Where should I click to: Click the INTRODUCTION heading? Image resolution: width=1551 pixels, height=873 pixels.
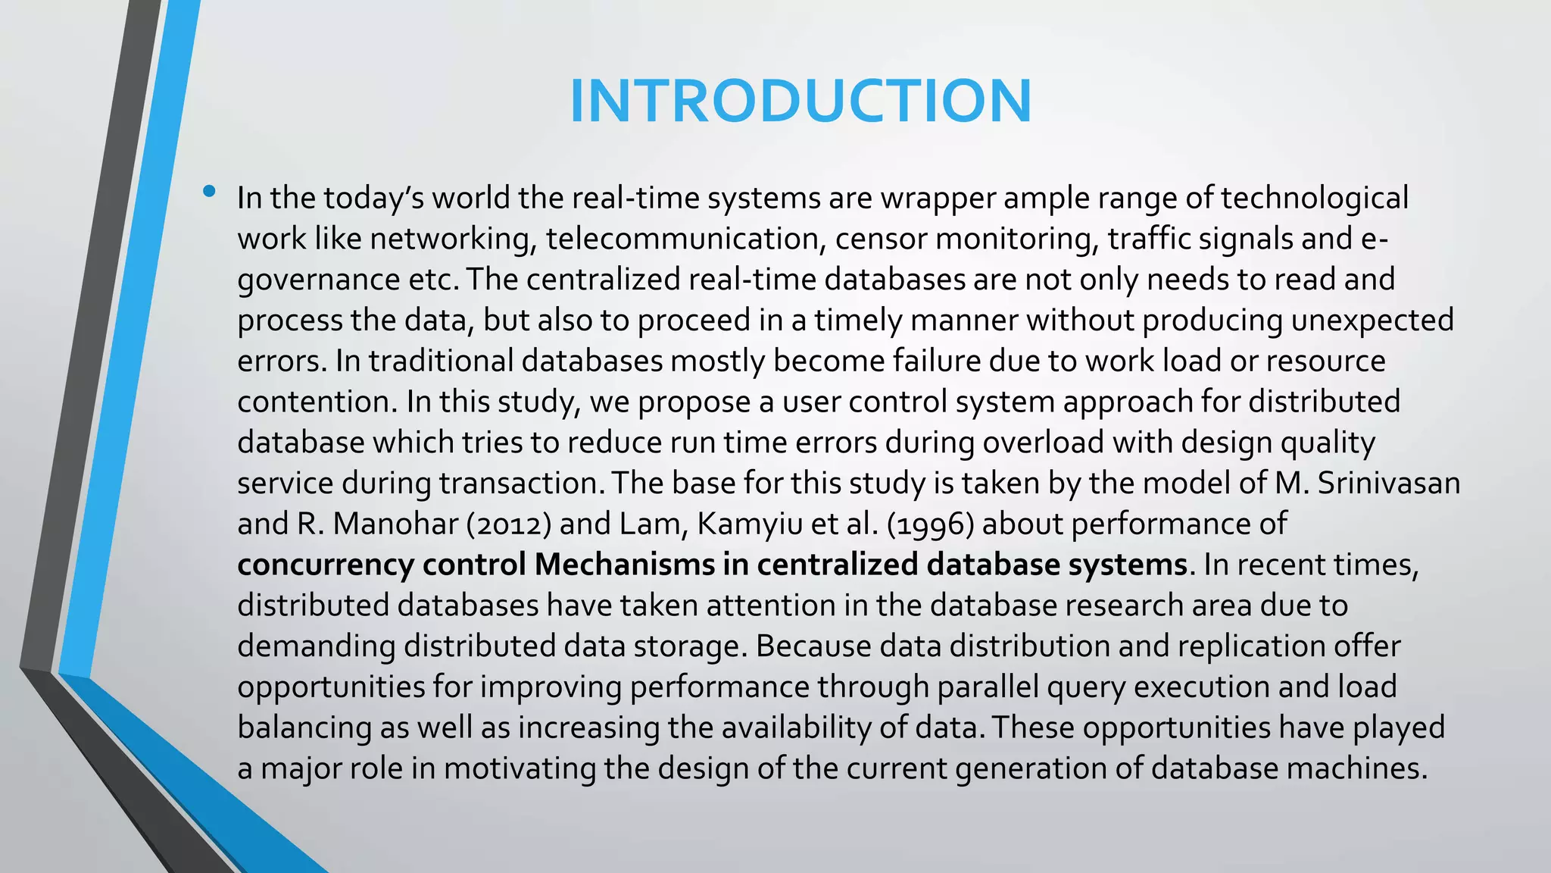pyautogui.click(x=800, y=101)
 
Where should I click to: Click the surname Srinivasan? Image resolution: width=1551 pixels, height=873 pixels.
pyautogui.click(x=1388, y=483)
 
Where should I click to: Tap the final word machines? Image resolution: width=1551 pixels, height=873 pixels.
pyautogui.click(x=1357, y=768)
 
